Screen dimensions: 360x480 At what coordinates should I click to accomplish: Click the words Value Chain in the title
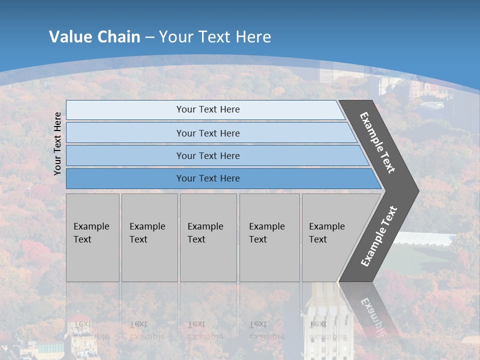94,36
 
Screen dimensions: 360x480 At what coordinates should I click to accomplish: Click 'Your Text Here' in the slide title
215,36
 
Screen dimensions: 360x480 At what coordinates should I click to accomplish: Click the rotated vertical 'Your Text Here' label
57,143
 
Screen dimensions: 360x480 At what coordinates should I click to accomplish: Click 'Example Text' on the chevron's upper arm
377,142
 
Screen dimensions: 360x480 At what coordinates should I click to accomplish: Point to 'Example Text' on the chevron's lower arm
379,236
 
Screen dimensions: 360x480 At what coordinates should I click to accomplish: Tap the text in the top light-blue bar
208,109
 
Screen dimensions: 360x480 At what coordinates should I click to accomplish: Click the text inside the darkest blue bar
208,178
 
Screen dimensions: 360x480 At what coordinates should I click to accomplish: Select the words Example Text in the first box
91,232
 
